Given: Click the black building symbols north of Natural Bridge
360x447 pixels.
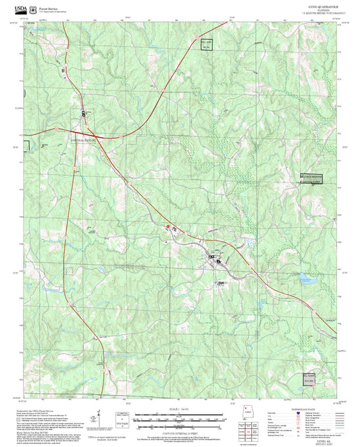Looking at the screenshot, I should coord(84,114).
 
